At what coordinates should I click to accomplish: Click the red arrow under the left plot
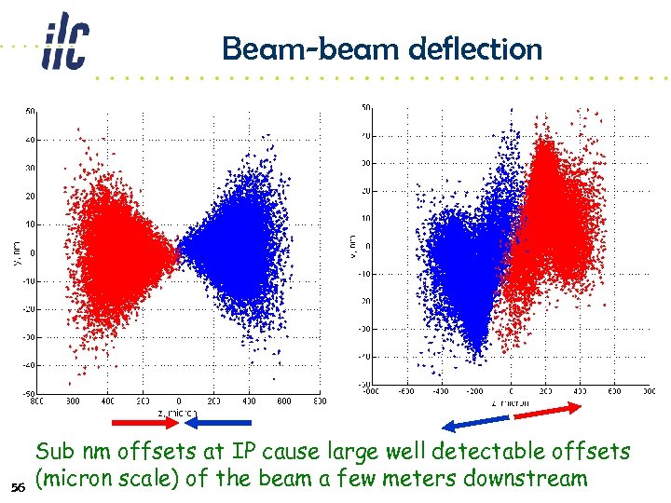(157, 422)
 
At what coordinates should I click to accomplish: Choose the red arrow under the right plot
(549, 411)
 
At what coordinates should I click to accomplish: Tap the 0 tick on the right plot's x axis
(511, 393)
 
